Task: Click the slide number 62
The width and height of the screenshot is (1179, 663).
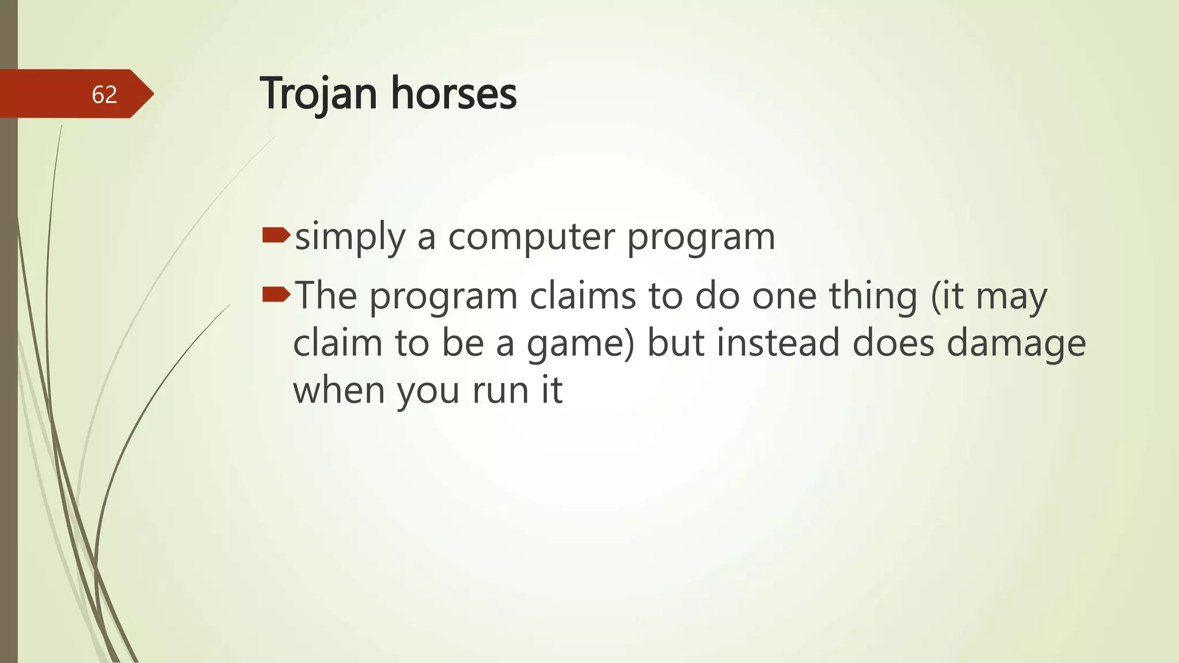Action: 104,94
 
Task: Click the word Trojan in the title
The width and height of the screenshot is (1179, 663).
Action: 318,93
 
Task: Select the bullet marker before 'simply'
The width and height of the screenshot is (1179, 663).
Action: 276,235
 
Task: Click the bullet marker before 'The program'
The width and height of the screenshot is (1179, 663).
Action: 276,295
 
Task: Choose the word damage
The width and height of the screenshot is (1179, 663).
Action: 1016,344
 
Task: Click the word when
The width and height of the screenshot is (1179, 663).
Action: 339,390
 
